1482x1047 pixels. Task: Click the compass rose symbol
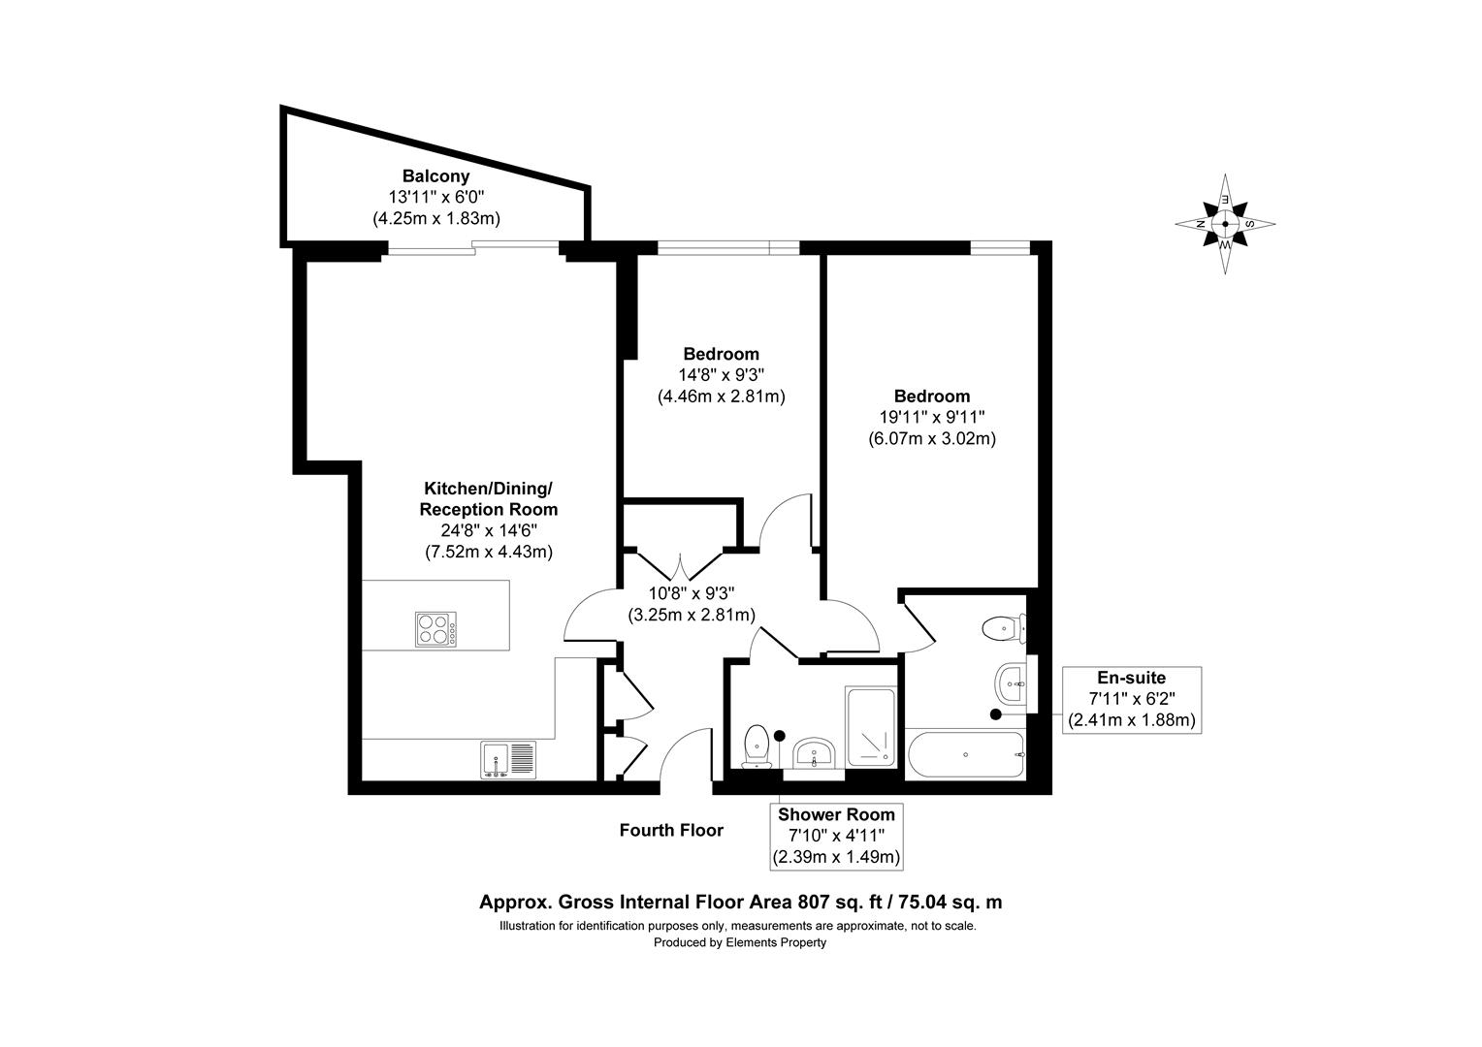point(1225,224)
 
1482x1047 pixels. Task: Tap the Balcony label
point(435,176)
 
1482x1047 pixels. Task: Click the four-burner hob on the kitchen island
point(436,629)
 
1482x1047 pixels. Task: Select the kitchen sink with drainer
point(507,759)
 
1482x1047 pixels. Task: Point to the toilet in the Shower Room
point(757,746)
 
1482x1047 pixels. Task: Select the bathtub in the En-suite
point(965,754)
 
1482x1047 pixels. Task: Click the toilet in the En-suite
point(1002,628)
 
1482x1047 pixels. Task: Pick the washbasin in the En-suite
point(1011,682)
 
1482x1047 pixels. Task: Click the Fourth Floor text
point(671,831)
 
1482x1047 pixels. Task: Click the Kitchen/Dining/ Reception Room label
point(488,498)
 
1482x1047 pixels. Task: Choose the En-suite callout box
point(1131,699)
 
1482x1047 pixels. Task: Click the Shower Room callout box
point(836,836)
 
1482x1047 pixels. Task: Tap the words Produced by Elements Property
point(739,942)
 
